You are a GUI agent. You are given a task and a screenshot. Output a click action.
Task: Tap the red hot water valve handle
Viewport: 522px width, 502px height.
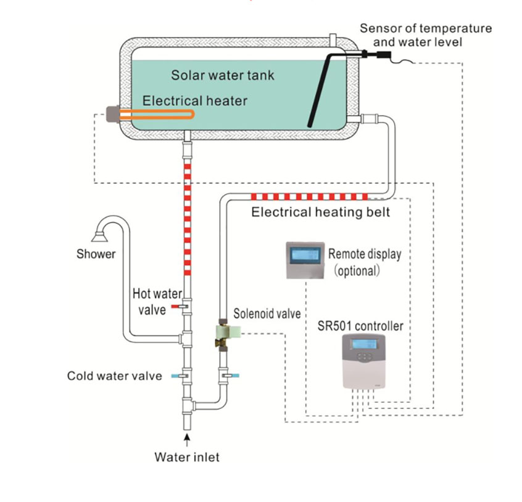point(176,306)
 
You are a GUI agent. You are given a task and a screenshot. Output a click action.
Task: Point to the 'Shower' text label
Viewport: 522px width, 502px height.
point(96,254)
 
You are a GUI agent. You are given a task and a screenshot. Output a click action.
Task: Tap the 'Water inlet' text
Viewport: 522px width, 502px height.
point(187,457)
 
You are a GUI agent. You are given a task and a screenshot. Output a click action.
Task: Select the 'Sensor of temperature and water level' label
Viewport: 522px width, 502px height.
point(426,35)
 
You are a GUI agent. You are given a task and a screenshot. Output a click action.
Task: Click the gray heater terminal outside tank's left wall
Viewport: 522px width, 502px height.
point(113,115)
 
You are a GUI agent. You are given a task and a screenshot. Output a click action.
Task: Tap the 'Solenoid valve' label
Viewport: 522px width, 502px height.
point(267,314)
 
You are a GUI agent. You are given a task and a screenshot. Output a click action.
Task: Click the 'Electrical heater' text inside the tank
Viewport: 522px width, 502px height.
point(195,100)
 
